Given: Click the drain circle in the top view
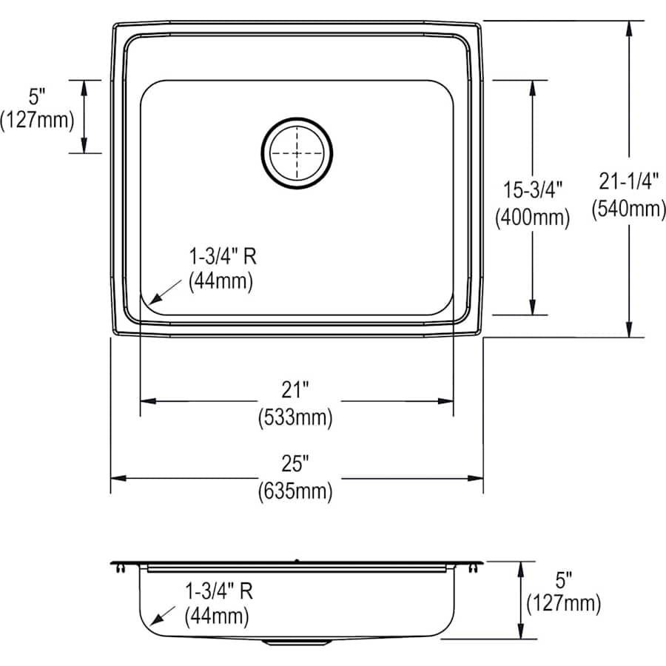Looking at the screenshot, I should [297, 152].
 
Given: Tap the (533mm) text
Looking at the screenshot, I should [295, 417].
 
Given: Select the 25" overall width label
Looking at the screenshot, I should [295, 464].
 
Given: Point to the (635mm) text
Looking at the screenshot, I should [295, 491].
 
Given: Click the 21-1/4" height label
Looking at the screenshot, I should [628, 181].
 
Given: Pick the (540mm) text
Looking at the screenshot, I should [628, 209].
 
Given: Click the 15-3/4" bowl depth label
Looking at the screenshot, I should [532, 189].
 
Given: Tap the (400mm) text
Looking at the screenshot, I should [532, 218].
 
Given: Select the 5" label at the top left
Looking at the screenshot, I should [37, 95].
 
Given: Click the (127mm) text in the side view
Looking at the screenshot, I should [563, 605].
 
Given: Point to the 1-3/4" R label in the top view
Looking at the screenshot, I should [221, 256].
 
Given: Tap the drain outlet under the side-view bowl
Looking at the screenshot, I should [296, 642].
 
